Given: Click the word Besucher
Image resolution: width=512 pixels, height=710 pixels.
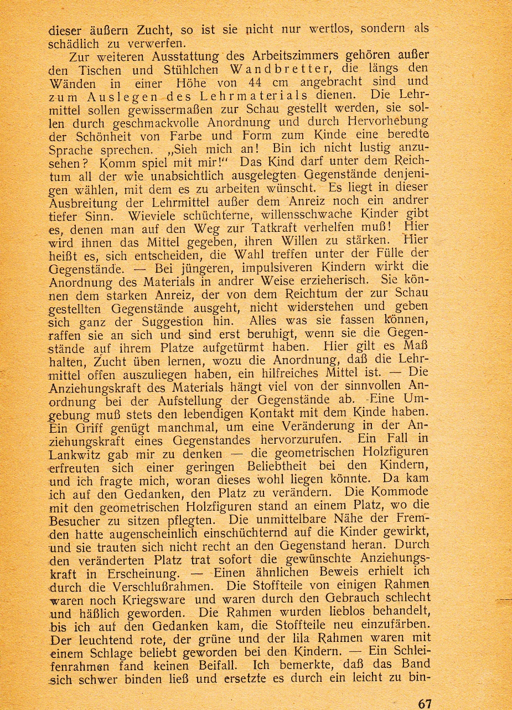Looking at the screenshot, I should (75, 521).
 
